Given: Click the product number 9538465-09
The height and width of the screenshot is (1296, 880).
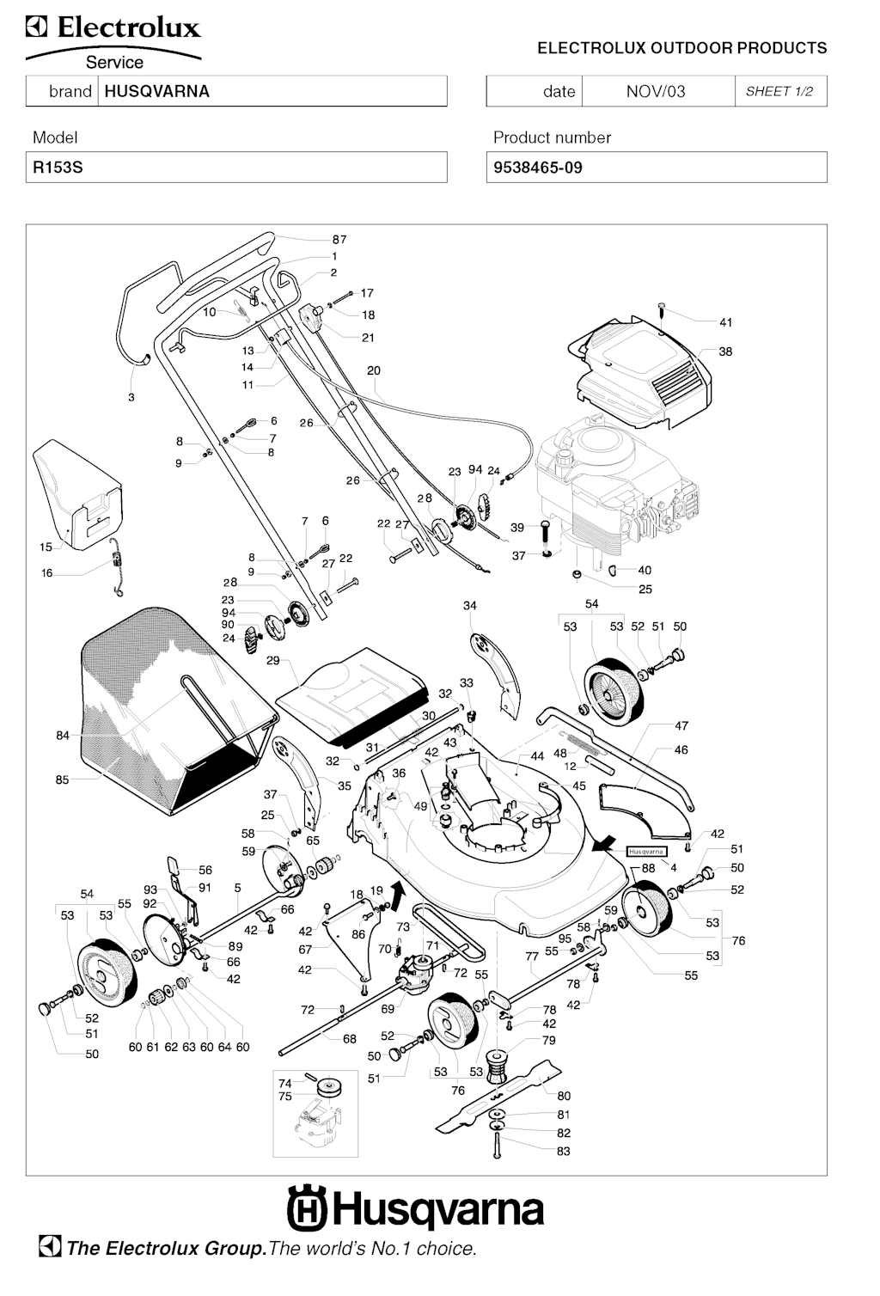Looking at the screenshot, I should pyautogui.click(x=538, y=168).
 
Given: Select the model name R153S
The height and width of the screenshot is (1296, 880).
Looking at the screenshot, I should pyautogui.click(x=58, y=168).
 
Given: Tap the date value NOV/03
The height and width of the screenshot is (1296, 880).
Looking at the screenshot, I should pyautogui.click(x=656, y=92).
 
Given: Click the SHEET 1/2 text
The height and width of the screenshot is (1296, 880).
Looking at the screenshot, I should pyautogui.click(x=779, y=91).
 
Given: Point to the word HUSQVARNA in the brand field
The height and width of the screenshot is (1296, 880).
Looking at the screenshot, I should pyautogui.click(x=156, y=91).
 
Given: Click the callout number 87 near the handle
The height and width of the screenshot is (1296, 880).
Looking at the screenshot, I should pyautogui.click(x=339, y=240).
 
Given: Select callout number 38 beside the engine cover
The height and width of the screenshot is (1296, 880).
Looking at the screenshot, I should pyautogui.click(x=725, y=352).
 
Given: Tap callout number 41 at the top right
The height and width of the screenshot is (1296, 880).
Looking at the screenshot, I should pyautogui.click(x=726, y=322).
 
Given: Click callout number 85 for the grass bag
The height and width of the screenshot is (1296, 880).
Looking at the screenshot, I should pyautogui.click(x=62, y=780).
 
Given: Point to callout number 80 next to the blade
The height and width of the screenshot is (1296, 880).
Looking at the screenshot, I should pyautogui.click(x=564, y=1096).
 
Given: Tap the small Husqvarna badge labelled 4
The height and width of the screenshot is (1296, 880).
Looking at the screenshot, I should pyautogui.click(x=646, y=852).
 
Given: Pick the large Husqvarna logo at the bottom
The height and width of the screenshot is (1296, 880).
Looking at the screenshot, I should pyautogui.click(x=415, y=1208).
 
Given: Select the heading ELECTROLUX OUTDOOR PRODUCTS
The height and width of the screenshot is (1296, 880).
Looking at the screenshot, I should pyautogui.click(x=681, y=48).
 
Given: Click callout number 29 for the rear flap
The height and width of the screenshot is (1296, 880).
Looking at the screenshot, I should pyautogui.click(x=273, y=660).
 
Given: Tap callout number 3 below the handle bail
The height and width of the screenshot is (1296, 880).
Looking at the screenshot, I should pyautogui.click(x=131, y=398).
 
